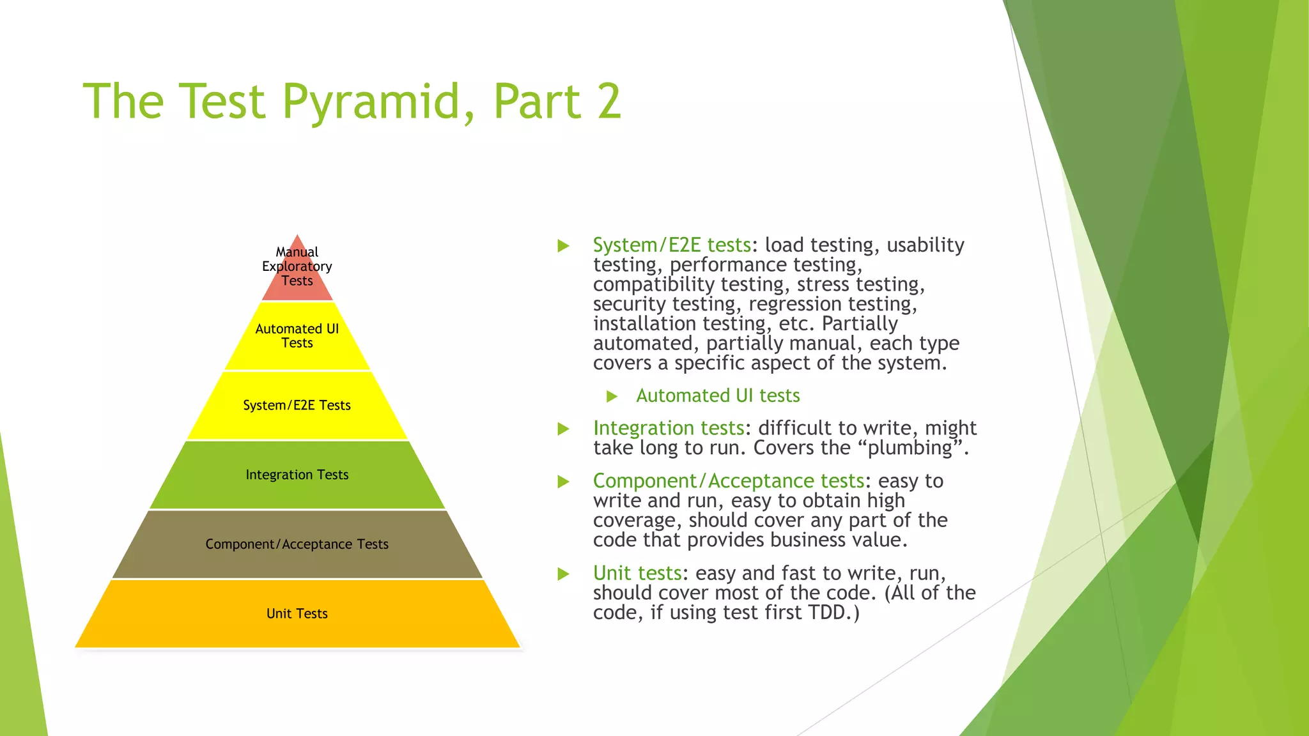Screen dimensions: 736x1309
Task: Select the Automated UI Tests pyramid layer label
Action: tap(297, 336)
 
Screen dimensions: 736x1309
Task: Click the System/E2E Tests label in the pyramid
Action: tap(297, 406)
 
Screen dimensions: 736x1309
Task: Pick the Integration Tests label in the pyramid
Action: tap(297, 475)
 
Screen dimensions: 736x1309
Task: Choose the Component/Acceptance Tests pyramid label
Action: tap(297, 544)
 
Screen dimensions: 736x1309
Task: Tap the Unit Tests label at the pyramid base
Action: tap(297, 614)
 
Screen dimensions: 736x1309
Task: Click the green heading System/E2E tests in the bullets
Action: tap(671, 245)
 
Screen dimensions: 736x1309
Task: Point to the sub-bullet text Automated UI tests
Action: tap(718, 396)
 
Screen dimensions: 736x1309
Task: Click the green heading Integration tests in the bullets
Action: tap(669, 428)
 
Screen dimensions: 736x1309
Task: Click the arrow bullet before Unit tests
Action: tap(563, 574)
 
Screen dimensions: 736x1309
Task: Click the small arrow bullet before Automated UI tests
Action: tap(612, 397)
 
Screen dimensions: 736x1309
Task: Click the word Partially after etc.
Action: tap(860, 324)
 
